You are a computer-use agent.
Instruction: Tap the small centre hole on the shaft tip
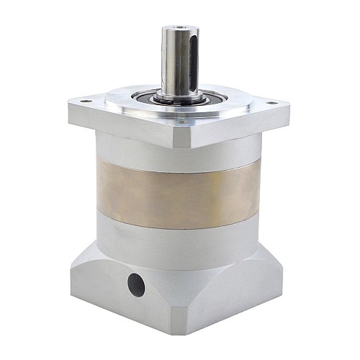click(175, 30)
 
